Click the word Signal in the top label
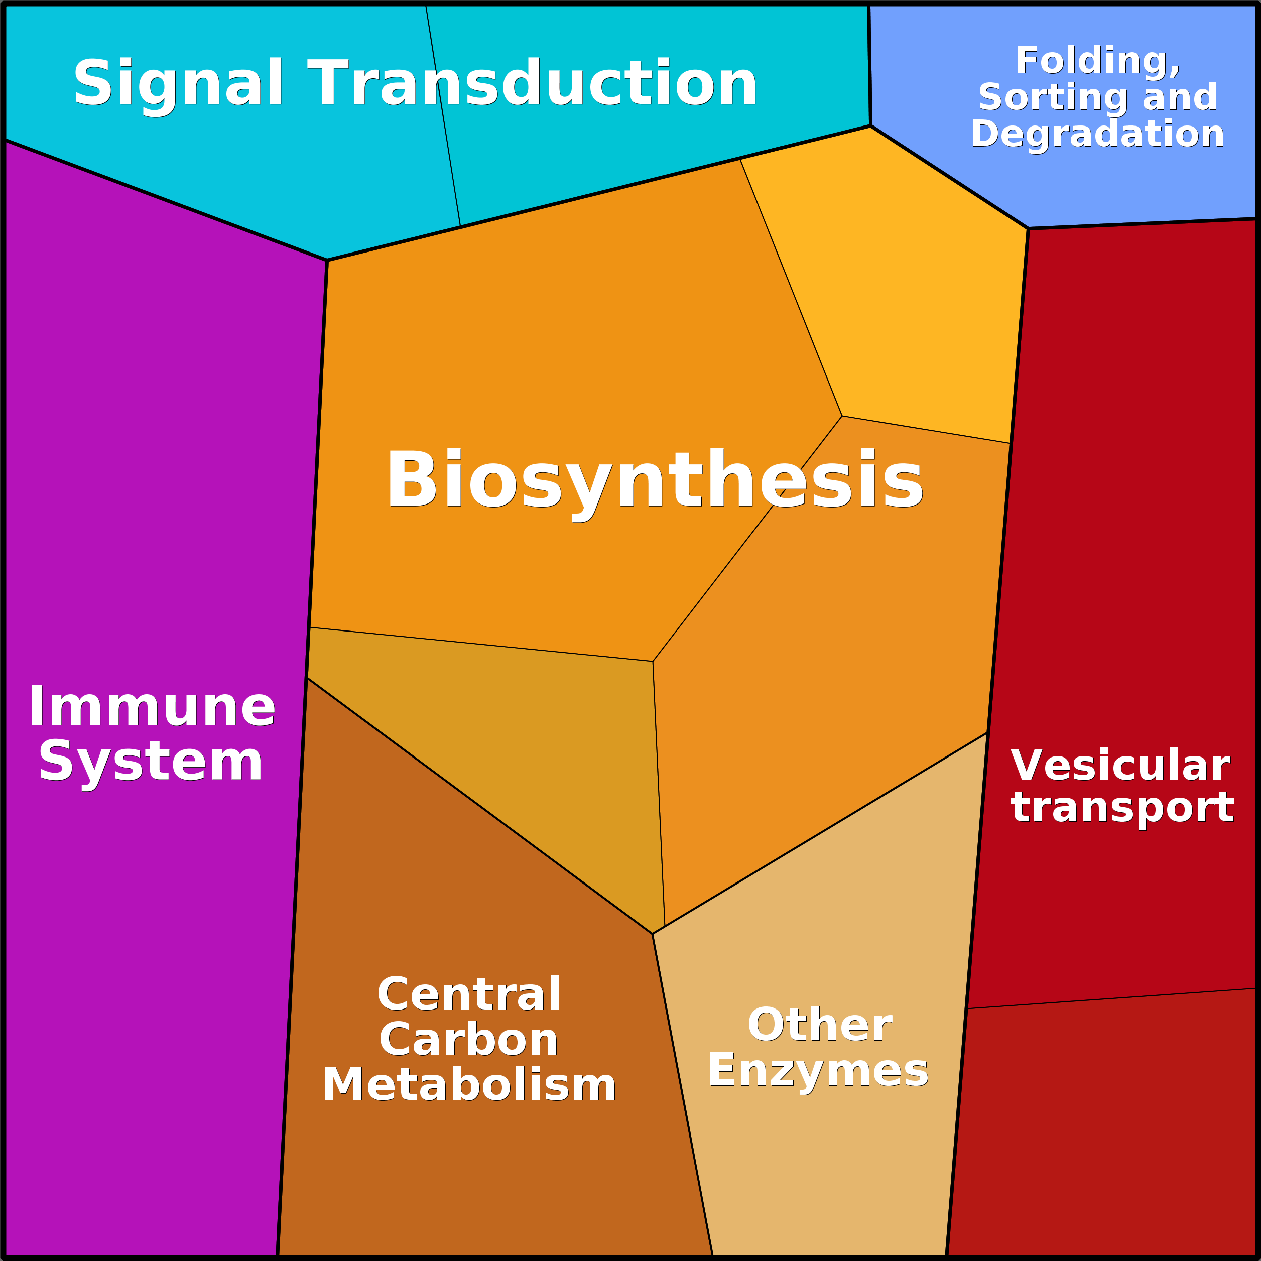click(178, 83)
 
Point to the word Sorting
click(1038, 98)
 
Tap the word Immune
click(152, 707)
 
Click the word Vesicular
click(1120, 766)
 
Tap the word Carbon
click(469, 1040)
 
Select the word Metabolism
click(469, 1085)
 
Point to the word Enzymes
click(818, 1070)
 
